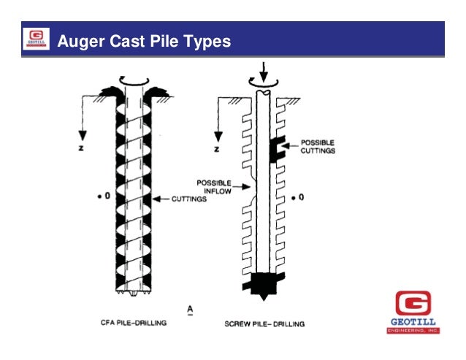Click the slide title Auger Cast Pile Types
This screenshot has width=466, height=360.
(144, 41)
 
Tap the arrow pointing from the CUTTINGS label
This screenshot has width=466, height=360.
(161, 198)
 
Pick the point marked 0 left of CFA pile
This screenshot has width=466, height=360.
(104, 196)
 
